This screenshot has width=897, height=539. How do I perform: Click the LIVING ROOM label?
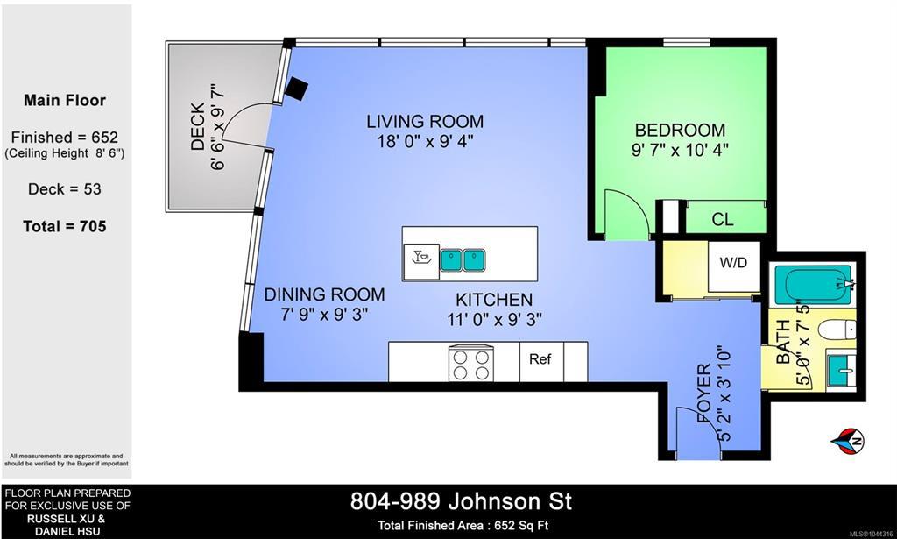(425, 121)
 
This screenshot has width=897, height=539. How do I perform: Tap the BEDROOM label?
(680, 130)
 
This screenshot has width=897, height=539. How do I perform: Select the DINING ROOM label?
(324, 294)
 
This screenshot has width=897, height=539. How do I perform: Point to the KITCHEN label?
(494, 299)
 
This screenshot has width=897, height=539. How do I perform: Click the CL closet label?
(723, 219)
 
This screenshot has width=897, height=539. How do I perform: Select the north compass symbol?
(848, 441)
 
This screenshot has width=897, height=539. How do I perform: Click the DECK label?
(197, 126)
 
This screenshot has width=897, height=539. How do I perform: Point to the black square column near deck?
(297, 89)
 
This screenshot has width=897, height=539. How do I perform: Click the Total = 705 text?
(65, 226)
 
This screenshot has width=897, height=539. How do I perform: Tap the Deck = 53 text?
(65, 188)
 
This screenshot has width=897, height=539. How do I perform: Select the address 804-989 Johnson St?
(461, 502)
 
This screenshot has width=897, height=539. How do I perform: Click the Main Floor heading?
(65, 100)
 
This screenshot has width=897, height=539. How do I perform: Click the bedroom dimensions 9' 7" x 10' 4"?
(680, 150)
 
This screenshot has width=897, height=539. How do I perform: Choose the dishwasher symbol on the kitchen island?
(421, 261)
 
